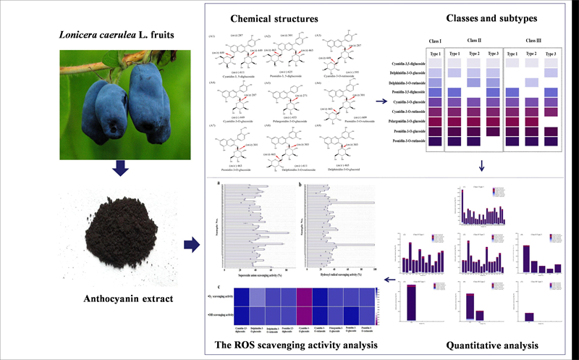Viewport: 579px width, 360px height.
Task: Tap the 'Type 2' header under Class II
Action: [x=474, y=54]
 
